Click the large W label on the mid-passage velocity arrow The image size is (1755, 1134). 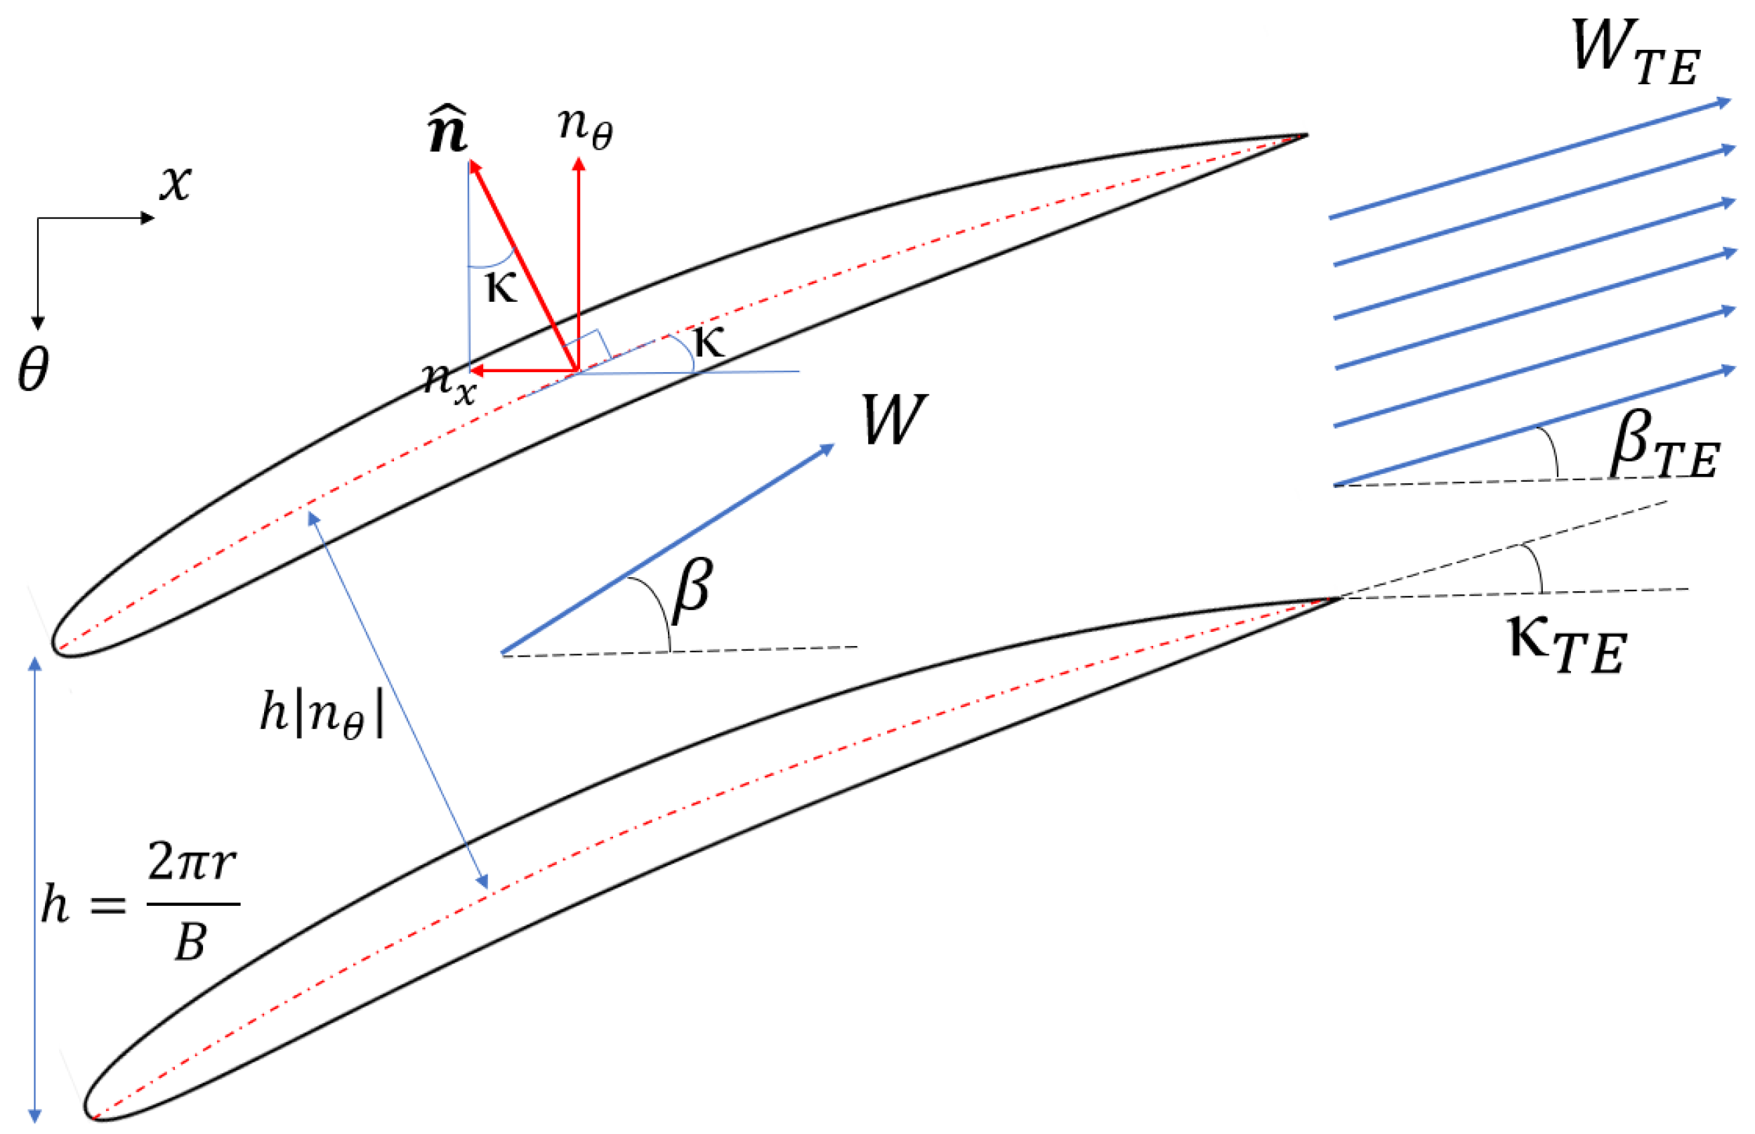click(x=893, y=419)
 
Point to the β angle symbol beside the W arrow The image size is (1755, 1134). click(x=692, y=590)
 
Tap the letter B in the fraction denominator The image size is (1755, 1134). click(x=190, y=942)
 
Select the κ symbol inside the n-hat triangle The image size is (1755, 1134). click(x=501, y=287)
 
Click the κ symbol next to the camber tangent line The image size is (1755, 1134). click(x=709, y=342)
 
